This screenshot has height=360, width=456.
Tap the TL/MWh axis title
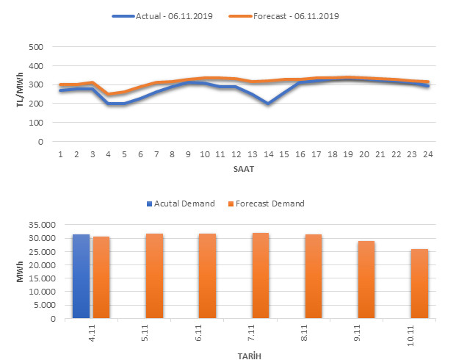(x=20, y=95)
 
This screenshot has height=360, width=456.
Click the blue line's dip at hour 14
(x=268, y=104)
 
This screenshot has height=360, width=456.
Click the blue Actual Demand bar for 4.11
(x=81, y=276)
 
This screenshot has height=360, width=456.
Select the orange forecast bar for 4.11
(x=101, y=278)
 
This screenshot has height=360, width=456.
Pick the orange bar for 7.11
(x=261, y=276)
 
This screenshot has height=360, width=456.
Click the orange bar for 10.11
(x=420, y=284)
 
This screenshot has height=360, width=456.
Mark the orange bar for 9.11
(x=367, y=280)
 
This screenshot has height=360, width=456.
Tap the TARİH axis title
(x=250, y=355)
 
